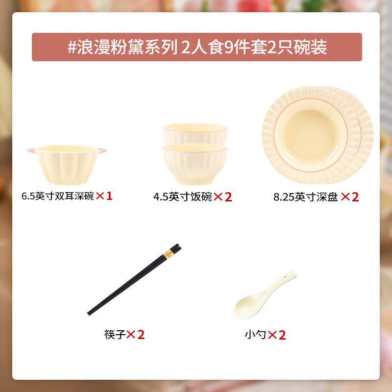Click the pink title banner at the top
196,47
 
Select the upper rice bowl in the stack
195,133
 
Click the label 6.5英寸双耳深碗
57,196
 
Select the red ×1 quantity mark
104,196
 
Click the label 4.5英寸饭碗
182,197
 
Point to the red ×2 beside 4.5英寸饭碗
222,197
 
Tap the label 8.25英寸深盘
306,197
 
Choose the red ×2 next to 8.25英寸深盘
350,197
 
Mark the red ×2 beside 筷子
136,335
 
